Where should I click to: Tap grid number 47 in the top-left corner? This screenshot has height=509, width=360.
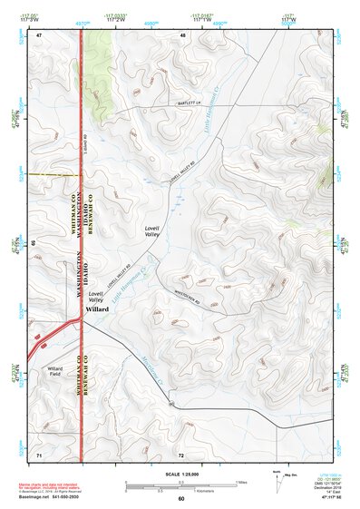(x=39, y=35)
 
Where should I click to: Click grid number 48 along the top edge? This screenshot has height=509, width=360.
(x=182, y=35)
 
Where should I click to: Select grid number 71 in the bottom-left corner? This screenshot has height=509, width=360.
(x=39, y=453)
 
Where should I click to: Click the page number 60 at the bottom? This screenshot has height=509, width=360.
(x=180, y=499)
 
